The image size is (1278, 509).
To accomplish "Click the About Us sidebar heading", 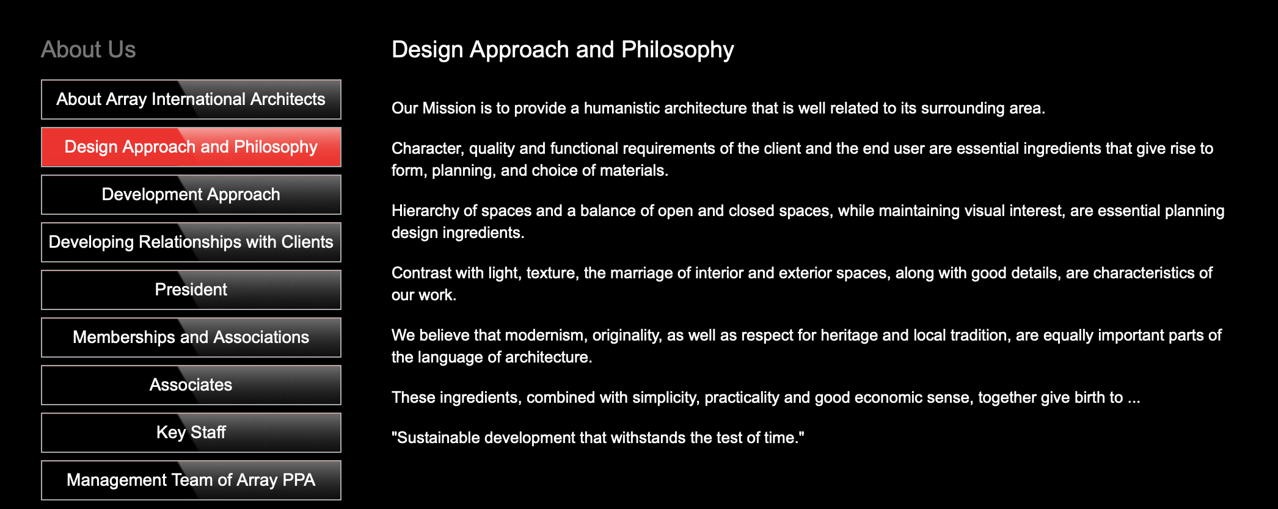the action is pos(89,49).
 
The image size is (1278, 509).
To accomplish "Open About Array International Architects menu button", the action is pos(191,99).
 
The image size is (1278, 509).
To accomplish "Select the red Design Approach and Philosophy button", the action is pos(191,147).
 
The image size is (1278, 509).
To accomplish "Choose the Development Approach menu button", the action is pos(191,195).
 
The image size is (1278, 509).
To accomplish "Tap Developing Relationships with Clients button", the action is pos(191,242).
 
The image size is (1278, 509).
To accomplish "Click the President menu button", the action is pos(191,290).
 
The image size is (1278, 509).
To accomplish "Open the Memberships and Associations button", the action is pos(191,338).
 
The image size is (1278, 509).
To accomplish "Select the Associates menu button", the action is pos(191,385).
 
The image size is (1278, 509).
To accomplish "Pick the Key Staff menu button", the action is pos(191,433).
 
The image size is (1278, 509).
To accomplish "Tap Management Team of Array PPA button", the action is pos(191,480).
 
